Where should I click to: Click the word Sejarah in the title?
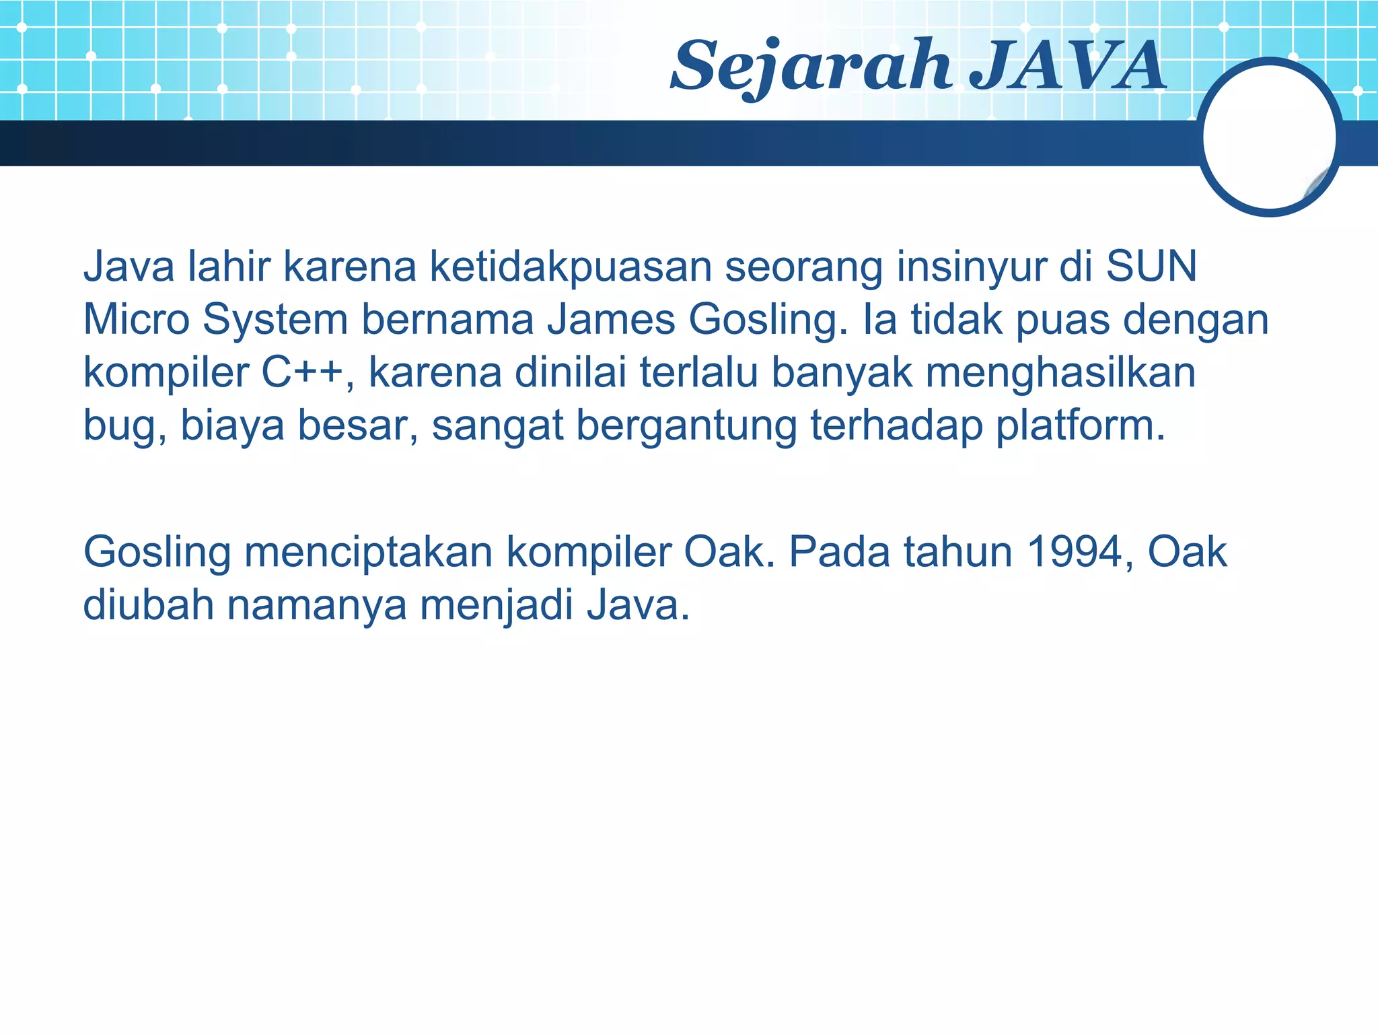click(x=811, y=66)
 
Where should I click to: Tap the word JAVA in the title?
click(x=1068, y=66)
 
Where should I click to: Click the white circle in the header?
click(x=1269, y=137)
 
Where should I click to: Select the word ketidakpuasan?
click(x=571, y=267)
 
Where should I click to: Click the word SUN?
click(x=1152, y=267)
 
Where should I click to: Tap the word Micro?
click(x=136, y=319)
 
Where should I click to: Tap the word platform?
click(x=1080, y=427)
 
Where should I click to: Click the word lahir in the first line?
click(x=229, y=267)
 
